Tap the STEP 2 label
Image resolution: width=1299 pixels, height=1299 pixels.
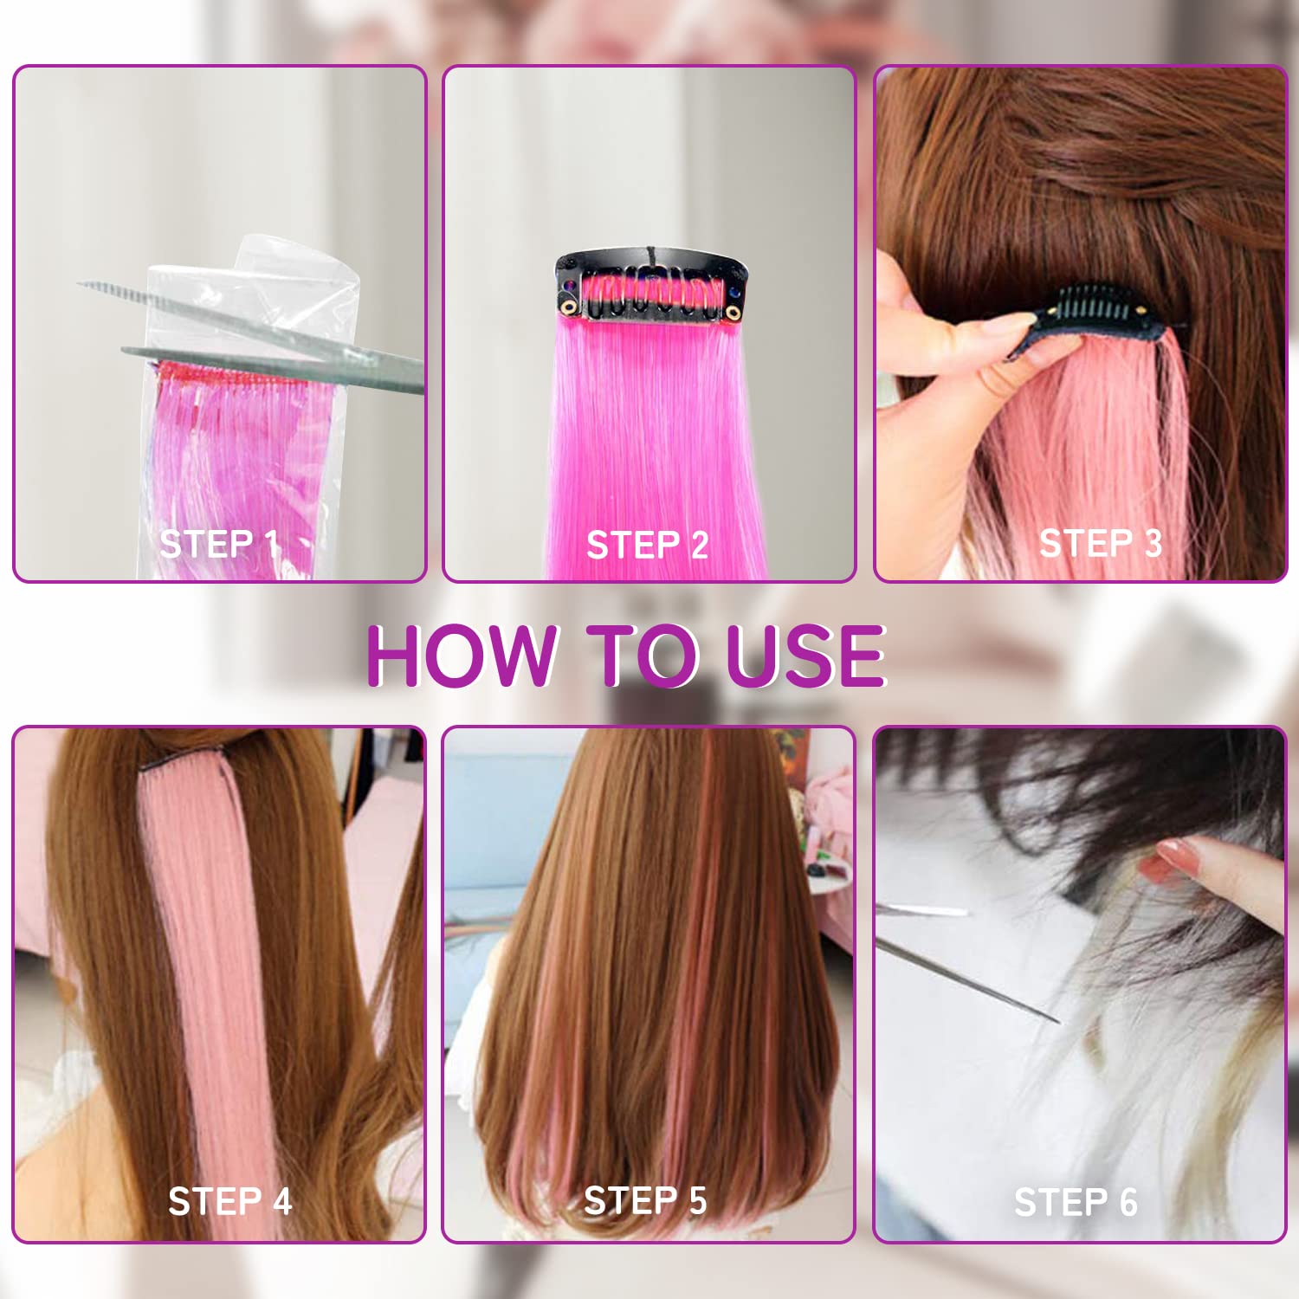pyautogui.click(x=648, y=546)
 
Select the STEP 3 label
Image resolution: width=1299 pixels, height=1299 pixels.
pyautogui.click(x=1101, y=543)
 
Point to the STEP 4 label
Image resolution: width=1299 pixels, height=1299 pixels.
pyautogui.click(x=230, y=1201)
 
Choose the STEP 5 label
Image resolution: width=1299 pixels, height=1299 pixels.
pyautogui.click(x=645, y=1200)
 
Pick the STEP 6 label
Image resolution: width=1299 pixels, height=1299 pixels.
pyautogui.click(x=1076, y=1202)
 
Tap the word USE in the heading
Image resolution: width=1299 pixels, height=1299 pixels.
pyautogui.click(x=805, y=656)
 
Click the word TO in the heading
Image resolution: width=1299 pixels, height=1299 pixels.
pyautogui.click(x=643, y=656)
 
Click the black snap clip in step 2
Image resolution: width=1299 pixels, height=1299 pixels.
pyautogui.click(x=649, y=286)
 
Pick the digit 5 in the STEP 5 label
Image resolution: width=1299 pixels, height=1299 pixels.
pyautogui.click(x=698, y=1201)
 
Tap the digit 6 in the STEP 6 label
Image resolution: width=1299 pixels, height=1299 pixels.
pyautogui.click(x=1128, y=1203)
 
